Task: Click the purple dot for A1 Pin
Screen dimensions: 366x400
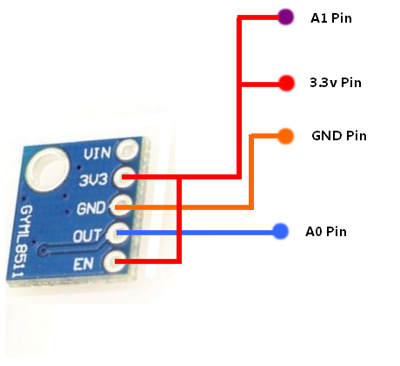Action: click(283, 17)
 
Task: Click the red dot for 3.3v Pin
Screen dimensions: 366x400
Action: click(285, 84)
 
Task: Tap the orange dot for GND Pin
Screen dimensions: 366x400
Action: click(284, 135)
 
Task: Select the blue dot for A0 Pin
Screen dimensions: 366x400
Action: click(280, 232)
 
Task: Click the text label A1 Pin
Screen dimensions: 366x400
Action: click(331, 17)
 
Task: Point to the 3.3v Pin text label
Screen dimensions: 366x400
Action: click(335, 84)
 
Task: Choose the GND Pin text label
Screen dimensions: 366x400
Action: click(338, 136)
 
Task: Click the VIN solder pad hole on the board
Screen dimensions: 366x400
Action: click(130, 152)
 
